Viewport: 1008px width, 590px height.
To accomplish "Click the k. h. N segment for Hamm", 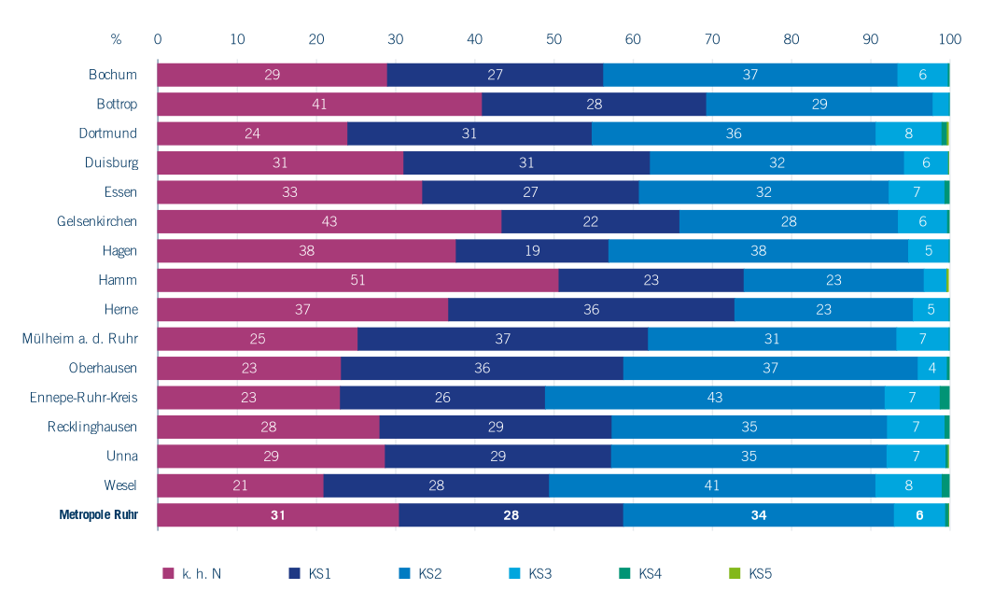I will click(357, 280).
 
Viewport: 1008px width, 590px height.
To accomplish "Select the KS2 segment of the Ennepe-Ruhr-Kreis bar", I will click(715, 398).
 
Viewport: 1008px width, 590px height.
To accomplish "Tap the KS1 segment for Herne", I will click(591, 310).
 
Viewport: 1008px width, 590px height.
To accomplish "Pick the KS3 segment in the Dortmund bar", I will click(908, 133).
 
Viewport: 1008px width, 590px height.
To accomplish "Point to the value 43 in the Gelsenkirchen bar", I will click(329, 221).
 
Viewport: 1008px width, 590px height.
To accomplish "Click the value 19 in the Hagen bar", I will click(531, 251).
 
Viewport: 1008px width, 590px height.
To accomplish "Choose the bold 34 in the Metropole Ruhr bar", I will click(758, 515).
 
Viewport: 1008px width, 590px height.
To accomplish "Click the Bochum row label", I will click(113, 75).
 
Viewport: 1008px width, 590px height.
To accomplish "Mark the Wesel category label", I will click(121, 485).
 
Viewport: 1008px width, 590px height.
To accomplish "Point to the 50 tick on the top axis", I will click(553, 39).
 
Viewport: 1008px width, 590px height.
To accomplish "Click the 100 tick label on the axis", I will click(950, 39).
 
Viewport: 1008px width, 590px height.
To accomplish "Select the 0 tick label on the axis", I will click(158, 39).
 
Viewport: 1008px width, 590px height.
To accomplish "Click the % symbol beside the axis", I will click(116, 39).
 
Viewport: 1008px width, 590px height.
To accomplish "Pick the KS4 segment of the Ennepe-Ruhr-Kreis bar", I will click(945, 398).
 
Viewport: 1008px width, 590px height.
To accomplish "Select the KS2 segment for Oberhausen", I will click(770, 369).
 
